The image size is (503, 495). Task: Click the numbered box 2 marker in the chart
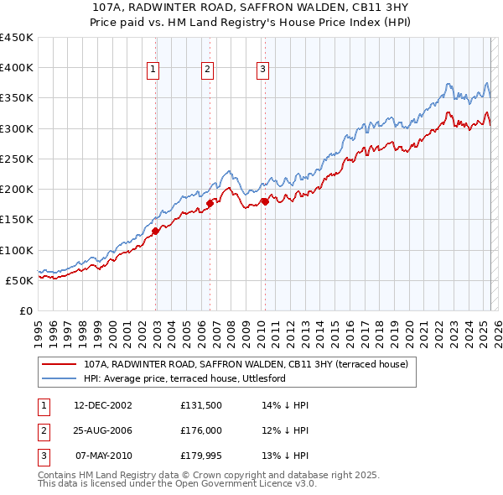tap(207, 70)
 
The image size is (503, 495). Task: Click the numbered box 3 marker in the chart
tap(262, 70)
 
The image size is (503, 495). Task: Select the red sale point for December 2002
tap(156, 231)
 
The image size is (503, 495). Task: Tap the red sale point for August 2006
tap(210, 203)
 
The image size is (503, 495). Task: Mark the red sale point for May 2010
tap(264, 201)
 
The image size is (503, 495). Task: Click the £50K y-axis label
tap(19, 280)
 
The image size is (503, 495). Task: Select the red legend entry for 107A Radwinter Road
tap(246, 364)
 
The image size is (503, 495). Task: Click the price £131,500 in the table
tap(201, 405)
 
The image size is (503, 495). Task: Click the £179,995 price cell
tap(201, 456)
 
